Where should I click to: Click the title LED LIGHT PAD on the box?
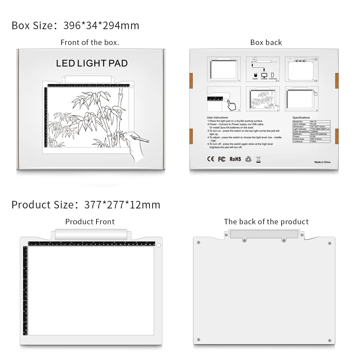92,63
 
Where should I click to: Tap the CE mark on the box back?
211,159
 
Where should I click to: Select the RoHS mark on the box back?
235,159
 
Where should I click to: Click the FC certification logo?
222,159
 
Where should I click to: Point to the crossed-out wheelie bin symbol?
258,159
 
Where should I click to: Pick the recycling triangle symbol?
248,159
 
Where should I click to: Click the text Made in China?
322,162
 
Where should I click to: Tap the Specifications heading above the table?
301,118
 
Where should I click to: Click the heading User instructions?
217,118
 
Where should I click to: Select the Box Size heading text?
75,26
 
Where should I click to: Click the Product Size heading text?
86,205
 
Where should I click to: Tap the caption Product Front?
90,222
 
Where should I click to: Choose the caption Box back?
266,42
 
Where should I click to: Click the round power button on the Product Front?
158,246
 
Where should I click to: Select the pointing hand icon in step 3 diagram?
231,105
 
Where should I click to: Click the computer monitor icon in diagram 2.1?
264,75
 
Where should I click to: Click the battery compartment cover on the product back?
264,234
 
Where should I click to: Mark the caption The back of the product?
266,222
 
